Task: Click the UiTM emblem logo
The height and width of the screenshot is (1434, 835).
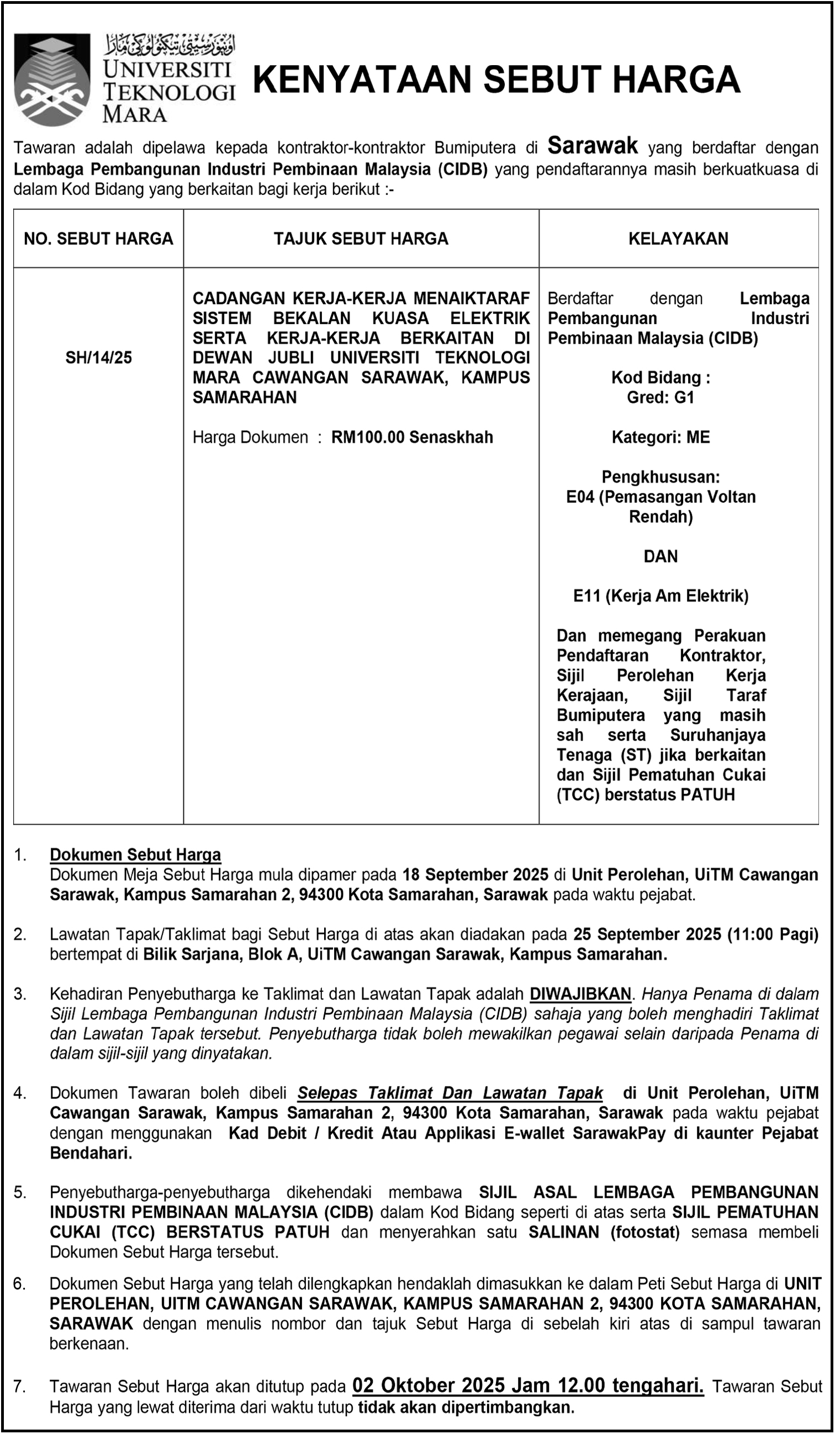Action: click(52, 79)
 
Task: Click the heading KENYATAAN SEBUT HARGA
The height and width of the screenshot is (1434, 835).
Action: click(496, 79)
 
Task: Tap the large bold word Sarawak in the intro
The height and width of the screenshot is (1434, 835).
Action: click(592, 146)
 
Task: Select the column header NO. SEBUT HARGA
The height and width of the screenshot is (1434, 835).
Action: click(98, 238)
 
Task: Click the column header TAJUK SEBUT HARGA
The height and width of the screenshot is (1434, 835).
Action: click(361, 238)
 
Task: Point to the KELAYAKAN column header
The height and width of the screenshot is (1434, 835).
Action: click(678, 238)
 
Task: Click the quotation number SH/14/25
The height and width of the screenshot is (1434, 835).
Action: click(98, 357)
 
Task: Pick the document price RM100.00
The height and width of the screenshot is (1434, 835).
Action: click(368, 437)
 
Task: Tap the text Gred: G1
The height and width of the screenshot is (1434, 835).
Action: click(660, 397)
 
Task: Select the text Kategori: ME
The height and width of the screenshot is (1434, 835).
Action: click(660, 437)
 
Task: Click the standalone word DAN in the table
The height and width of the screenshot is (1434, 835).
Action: click(660, 556)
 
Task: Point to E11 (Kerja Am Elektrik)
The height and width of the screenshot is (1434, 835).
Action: click(660, 596)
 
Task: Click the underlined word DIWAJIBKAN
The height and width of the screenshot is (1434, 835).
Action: click(580, 994)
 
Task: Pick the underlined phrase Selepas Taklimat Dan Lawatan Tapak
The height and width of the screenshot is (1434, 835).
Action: click(450, 1092)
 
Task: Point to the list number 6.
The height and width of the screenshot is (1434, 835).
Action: click(20, 1283)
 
